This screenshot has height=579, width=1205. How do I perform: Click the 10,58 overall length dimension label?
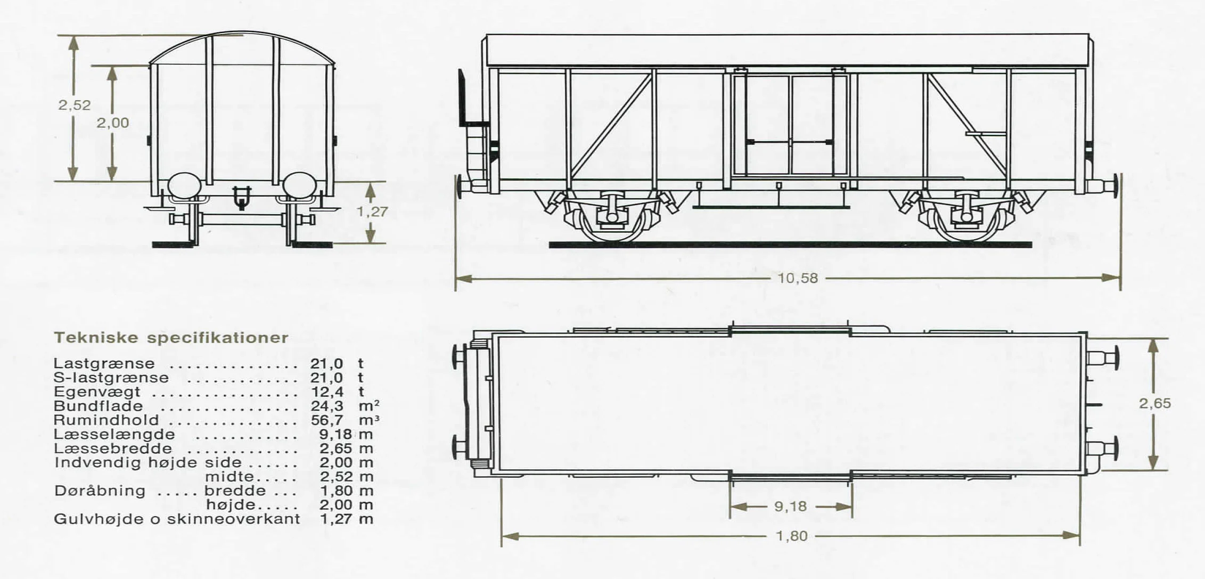pyautogui.click(x=797, y=278)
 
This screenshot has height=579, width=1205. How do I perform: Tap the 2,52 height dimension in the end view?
pyautogui.click(x=75, y=105)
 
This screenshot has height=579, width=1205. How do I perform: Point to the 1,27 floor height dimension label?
pyautogui.click(x=372, y=211)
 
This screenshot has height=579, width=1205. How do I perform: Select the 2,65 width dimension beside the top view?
pyautogui.click(x=1155, y=403)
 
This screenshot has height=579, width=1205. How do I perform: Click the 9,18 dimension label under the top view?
pyautogui.click(x=790, y=506)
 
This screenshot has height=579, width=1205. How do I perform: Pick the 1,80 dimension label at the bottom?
pyautogui.click(x=792, y=535)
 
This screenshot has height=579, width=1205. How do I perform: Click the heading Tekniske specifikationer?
pyautogui.click(x=171, y=338)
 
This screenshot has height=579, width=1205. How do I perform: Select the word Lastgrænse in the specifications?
pyautogui.click(x=104, y=364)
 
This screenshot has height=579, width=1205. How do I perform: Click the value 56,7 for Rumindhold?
pyautogui.click(x=327, y=420)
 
